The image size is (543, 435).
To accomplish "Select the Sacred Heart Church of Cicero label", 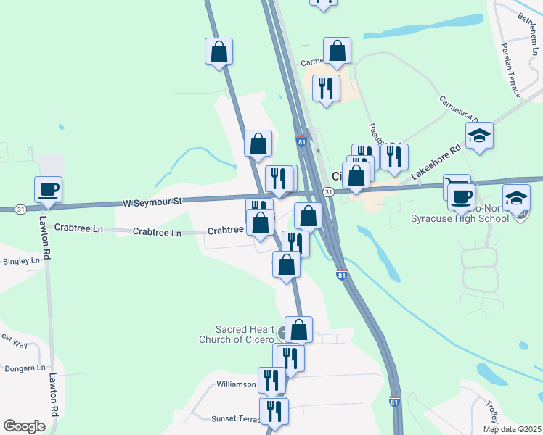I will point(237,334).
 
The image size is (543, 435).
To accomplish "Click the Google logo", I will point(24,426).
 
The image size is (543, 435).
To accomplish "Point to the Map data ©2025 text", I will point(511,429).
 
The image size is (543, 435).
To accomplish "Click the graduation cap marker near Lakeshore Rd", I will point(479,136).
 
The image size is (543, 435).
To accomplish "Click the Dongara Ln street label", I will point(25,368).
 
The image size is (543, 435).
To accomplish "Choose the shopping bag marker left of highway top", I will point(219,52).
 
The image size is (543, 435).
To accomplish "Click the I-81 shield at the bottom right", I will point(394,401).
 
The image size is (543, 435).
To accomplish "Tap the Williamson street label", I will point(237,384).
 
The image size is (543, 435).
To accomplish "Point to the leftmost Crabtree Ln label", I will point(78,228).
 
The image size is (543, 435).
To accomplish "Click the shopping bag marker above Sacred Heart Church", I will point(298,331).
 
